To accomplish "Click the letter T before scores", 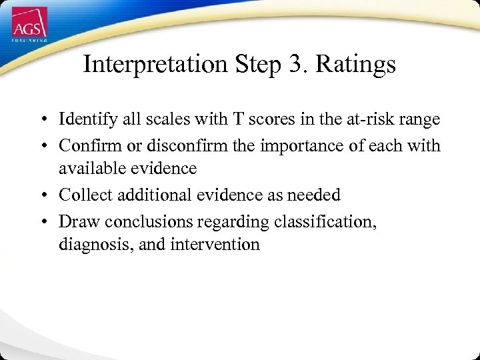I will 237,119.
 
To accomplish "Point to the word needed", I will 312,195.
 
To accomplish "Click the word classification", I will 325,220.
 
